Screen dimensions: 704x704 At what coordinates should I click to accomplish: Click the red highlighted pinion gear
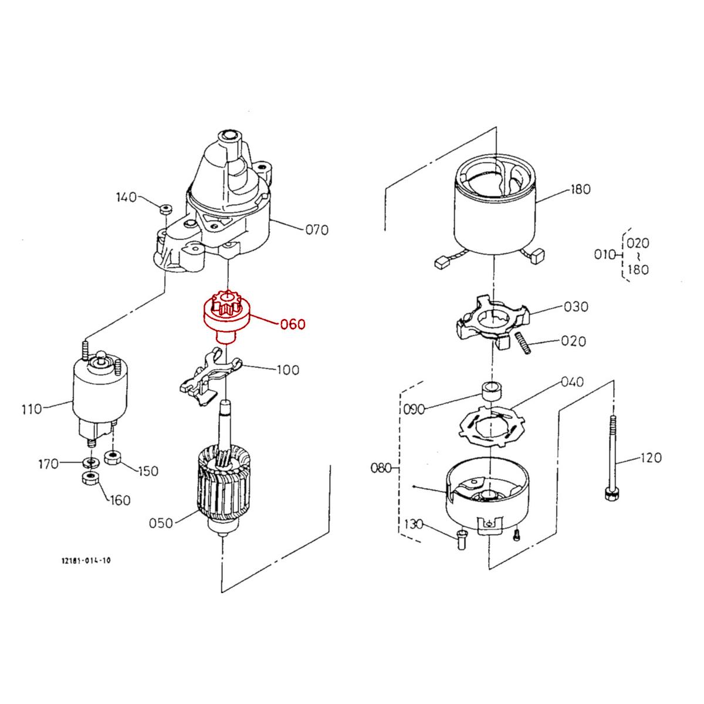[x=226, y=317]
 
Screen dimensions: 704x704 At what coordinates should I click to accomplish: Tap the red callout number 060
[x=292, y=324]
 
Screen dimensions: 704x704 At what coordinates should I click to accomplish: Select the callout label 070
[x=317, y=230]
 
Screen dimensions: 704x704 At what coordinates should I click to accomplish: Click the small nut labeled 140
[x=165, y=208]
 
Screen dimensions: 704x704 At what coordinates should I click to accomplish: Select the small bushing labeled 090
[x=490, y=390]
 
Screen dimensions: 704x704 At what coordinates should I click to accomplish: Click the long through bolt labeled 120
[x=611, y=458]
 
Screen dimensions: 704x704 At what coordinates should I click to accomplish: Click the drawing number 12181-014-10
[x=86, y=561]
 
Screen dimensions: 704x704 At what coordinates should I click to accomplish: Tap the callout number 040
[x=571, y=383]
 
